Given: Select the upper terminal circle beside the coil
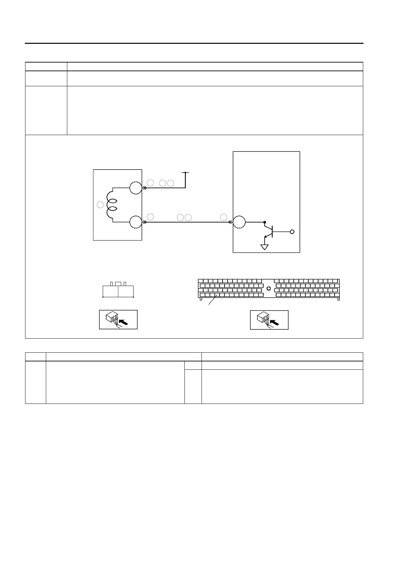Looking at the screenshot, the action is (136, 188).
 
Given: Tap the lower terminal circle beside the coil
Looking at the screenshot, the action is (136, 222).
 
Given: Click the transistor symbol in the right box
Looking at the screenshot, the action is (269, 231).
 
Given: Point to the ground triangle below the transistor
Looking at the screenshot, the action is (265, 247).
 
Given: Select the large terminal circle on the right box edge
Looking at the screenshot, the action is (239, 222).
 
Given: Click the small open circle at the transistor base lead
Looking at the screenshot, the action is (292, 232).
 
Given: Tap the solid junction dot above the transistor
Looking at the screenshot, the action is (265, 222).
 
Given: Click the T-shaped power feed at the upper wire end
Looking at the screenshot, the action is (185, 173).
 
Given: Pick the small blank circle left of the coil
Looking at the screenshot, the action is (100, 205).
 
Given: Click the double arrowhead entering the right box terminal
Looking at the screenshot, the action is (230, 222).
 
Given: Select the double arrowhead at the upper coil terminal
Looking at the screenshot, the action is (145, 188).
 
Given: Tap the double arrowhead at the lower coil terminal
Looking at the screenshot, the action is (145, 222).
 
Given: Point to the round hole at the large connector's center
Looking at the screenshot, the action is (268, 288).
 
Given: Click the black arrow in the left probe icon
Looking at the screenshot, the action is (123, 323).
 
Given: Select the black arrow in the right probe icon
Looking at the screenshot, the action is (274, 323).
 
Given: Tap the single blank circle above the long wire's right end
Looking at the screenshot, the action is (224, 217).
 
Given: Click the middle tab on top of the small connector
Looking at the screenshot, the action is (118, 284).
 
